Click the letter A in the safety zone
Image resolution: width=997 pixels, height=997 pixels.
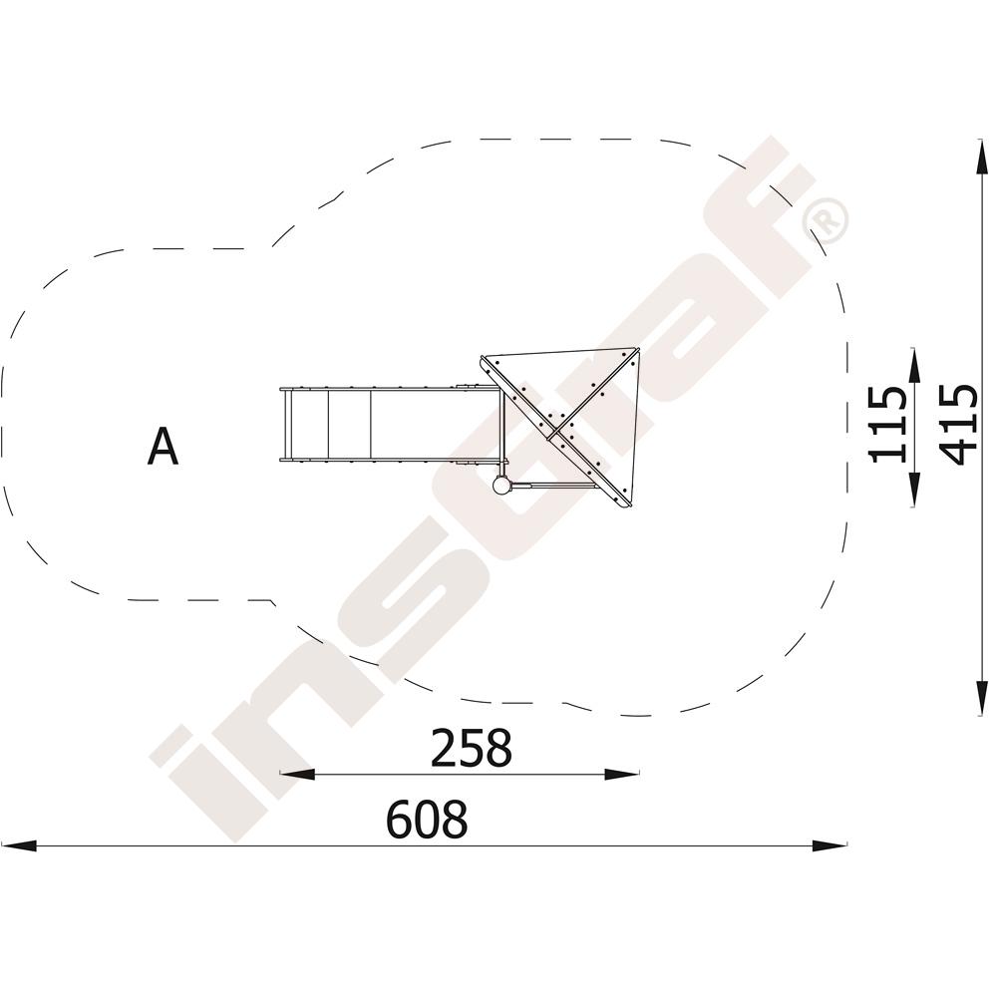coord(163,447)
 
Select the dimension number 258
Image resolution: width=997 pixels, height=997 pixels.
coord(472,748)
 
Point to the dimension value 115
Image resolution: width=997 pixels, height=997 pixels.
coord(887,424)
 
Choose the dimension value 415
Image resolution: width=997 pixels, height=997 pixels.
coord(957,424)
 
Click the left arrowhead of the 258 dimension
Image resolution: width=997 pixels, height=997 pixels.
coord(297,774)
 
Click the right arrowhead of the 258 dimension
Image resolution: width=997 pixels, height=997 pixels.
coord(621,774)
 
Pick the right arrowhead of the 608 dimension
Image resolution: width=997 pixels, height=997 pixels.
coord(830,845)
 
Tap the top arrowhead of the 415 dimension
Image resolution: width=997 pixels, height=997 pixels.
coord(984,156)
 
